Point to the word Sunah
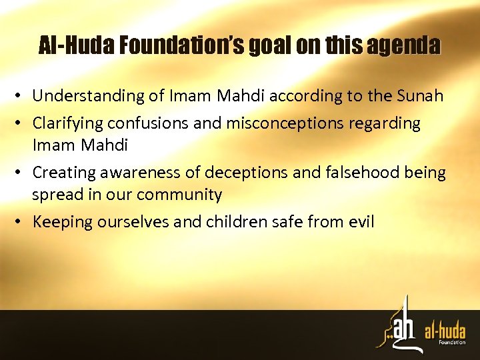click(421, 96)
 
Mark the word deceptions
click(235, 172)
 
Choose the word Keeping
click(63, 222)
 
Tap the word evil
click(361, 222)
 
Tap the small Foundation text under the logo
click(452, 343)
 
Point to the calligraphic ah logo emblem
click(399, 327)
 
